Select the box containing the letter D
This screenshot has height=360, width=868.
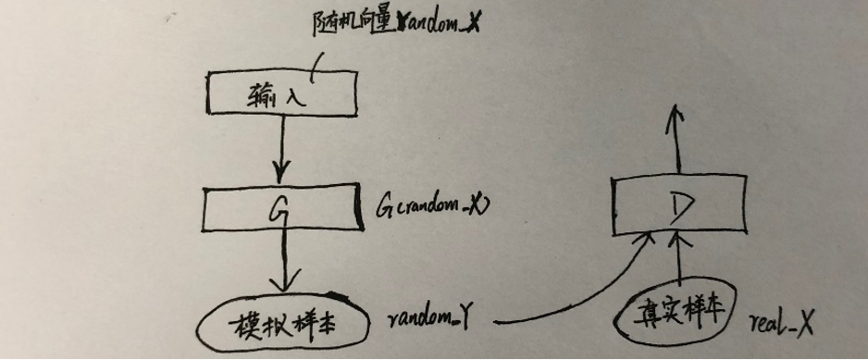pos(679,204)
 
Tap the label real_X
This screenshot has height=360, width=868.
pos(783,325)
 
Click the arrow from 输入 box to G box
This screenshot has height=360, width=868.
pos(281,148)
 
